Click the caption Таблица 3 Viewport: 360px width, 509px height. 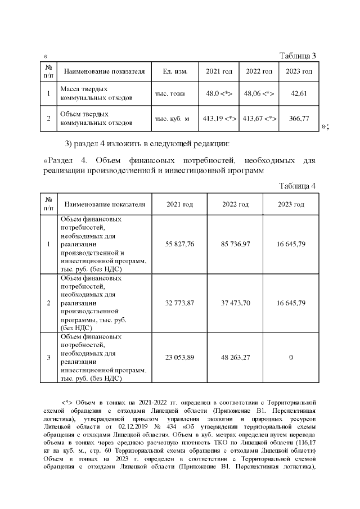coord(298,55)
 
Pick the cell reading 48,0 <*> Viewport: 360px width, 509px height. coord(219,93)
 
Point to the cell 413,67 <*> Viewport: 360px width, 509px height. coord(259,119)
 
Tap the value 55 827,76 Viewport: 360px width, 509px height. coord(179,244)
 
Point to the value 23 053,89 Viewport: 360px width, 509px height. coord(179,357)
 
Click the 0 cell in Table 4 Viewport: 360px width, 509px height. coord(291,357)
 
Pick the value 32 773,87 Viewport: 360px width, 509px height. coord(179,303)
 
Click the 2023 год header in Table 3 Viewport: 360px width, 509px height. coord(299,72)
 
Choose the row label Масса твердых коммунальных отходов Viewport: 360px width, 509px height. coord(96,93)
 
